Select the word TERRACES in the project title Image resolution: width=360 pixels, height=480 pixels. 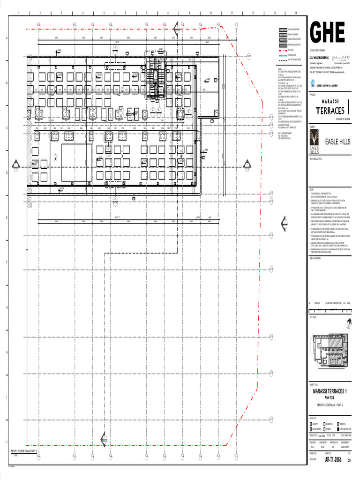click(x=330, y=111)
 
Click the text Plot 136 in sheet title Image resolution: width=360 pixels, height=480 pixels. click(x=330, y=397)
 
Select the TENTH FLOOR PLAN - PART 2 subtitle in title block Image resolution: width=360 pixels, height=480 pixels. click(x=330, y=405)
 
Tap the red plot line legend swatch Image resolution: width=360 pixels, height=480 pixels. click(x=283, y=49)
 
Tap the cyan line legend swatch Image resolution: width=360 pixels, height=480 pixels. click(x=283, y=55)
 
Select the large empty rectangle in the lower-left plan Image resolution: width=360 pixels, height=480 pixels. click(x=76, y=162)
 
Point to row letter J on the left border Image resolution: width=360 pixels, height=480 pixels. click(x=7, y=442)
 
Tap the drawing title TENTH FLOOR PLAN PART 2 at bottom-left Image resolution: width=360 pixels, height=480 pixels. click(x=24, y=451)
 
